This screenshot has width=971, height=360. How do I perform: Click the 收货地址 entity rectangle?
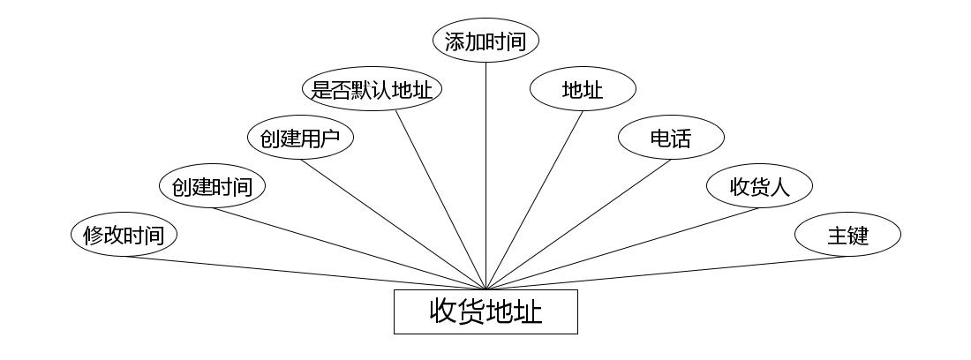[x=485, y=312]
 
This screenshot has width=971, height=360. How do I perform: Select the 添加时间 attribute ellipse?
[x=485, y=41]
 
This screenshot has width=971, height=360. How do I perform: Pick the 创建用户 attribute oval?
[x=300, y=138]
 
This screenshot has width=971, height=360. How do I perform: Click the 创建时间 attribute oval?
[x=212, y=187]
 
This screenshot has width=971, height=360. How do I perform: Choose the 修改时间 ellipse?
[x=124, y=236]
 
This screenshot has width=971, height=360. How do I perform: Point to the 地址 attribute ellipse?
[x=583, y=89]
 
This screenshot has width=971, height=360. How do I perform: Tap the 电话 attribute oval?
[x=671, y=138]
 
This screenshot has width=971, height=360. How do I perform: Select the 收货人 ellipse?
[x=759, y=187]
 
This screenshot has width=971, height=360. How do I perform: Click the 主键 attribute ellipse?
[x=847, y=236]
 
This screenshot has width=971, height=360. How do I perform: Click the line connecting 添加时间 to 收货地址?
[x=485, y=176]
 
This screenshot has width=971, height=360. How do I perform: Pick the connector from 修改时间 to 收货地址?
[x=305, y=273]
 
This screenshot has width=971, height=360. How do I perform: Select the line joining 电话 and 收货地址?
[x=578, y=224]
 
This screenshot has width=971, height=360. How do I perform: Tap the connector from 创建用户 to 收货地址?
[x=393, y=224]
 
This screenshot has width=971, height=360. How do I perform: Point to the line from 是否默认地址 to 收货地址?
[x=441, y=199]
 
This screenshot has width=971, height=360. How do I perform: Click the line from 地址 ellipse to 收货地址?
[x=534, y=199]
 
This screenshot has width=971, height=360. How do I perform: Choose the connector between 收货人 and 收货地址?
[x=622, y=248]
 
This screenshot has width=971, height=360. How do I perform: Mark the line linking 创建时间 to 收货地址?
[x=349, y=248]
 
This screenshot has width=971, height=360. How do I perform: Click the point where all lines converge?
[x=485, y=289]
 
